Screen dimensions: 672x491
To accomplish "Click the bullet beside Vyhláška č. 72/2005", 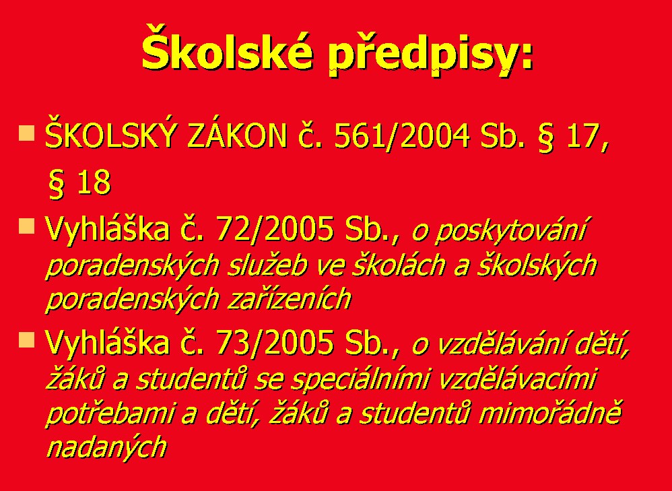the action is coord(26,226).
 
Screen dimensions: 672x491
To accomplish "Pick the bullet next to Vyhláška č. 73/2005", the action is coord(26,339).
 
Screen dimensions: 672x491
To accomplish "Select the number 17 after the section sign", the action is coord(585,137).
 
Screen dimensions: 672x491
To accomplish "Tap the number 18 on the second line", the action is coord(94,183).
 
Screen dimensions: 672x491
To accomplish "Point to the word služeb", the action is coord(268,265).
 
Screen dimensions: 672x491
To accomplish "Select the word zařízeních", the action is coord(290,299).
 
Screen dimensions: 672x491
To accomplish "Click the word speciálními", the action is coord(359,380).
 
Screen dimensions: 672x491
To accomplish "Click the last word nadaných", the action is coord(106,447).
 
